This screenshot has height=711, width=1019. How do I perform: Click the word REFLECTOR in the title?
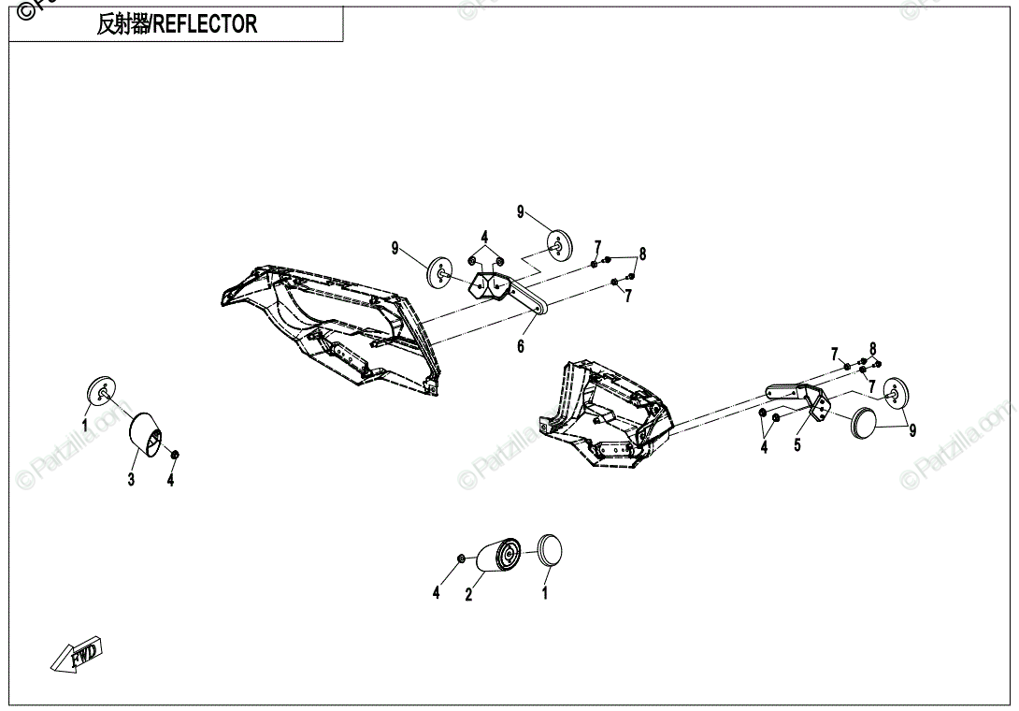pyautogui.click(x=205, y=25)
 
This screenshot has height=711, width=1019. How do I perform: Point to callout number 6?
pyautogui.click(x=521, y=346)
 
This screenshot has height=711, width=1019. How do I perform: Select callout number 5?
pyautogui.click(x=797, y=445)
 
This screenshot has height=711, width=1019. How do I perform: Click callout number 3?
pyautogui.click(x=131, y=480)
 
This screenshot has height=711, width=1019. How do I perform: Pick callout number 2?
pyautogui.click(x=469, y=594)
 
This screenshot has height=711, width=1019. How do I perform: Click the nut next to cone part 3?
pyautogui.click(x=175, y=454)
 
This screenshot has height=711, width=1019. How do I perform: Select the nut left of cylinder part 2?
pyautogui.click(x=461, y=559)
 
